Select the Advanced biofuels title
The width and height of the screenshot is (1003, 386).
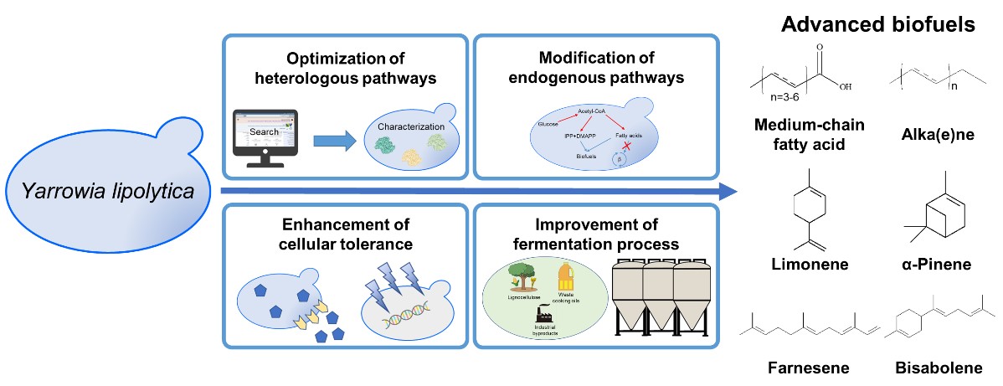(x=877, y=24)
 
